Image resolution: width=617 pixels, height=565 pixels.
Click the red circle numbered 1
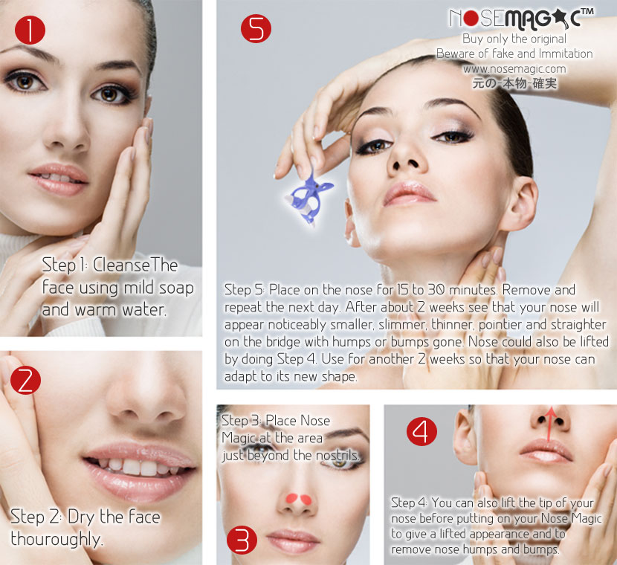(30, 30)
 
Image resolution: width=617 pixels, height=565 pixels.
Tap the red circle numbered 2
(25, 381)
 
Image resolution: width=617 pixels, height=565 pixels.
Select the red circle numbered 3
(242, 540)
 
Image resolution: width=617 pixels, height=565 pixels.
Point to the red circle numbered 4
(421, 431)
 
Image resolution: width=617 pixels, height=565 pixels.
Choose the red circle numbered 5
(256, 28)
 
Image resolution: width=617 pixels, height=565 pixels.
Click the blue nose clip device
(310, 198)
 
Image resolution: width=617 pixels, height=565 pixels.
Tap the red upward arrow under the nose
(549, 425)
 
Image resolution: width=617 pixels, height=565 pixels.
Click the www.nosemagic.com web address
(514, 69)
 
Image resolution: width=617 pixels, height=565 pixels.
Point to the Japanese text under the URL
(514, 83)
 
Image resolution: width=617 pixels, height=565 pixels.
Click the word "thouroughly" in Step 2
(56, 539)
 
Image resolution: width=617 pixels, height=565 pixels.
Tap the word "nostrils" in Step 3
(337, 455)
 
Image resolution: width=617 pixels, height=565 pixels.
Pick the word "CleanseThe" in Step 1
(135, 265)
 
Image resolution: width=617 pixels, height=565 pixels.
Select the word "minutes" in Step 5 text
(473, 290)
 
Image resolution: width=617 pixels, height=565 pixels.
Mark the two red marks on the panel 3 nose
(298, 500)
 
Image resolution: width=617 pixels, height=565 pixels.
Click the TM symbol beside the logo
(587, 11)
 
